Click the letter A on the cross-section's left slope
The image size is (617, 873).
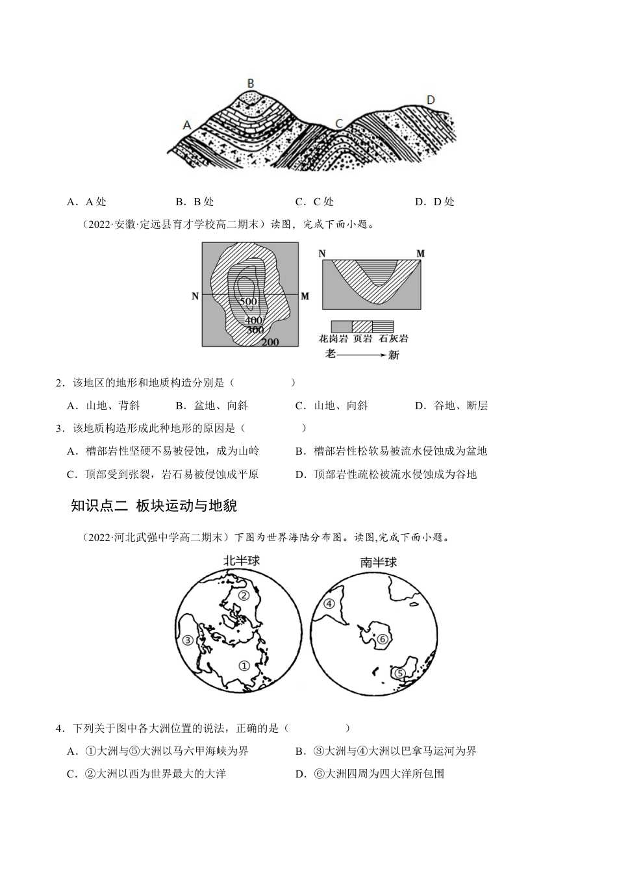click(x=188, y=125)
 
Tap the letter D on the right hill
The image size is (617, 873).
click(x=430, y=99)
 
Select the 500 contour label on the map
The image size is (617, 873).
click(x=248, y=301)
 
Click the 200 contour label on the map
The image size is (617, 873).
click(x=270, y=342)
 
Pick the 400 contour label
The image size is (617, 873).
click(x=254, y=320)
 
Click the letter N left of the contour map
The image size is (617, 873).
click(x=195, y=296)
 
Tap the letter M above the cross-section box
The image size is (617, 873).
click(x=420, y=253)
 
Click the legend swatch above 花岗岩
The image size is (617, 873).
click(x=341, y=326)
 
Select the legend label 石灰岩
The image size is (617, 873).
click(x=393, y=339)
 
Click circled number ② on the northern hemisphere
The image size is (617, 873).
click(x=244, y=595)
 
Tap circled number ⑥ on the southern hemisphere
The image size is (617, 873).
click(x=382, y=640)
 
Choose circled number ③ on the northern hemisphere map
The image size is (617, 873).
click(x=188, y=640)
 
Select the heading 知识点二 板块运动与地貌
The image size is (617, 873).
click(x=149, y=506)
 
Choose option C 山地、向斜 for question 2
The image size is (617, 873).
click(x=331, y=405)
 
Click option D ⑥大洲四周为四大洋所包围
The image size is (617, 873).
click(x=370, y=774)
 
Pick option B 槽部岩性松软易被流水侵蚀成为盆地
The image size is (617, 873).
click(x=390, y=451)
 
